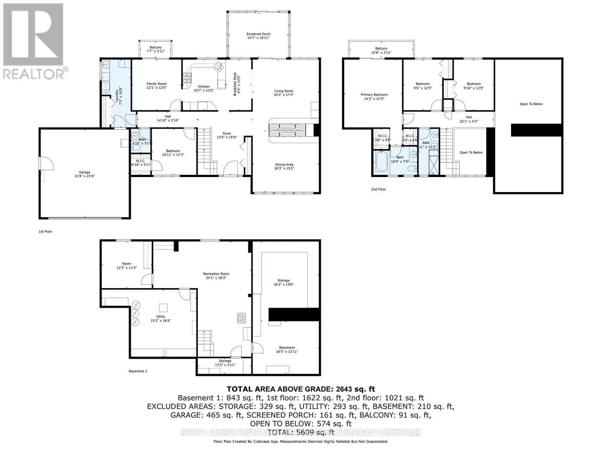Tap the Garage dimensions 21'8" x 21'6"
pos(84,176)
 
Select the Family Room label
pos(157,84)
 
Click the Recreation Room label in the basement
pos(216,274)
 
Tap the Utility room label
pos(161,316)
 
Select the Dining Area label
pos(284,164)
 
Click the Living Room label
pos(283,91)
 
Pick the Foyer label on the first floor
pos(227,133)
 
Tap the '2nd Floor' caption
pos(378,189)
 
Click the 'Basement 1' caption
pos(138,371)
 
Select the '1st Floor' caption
pos(45,231)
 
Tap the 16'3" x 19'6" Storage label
pos(283,280)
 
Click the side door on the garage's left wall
pos(47,165)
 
